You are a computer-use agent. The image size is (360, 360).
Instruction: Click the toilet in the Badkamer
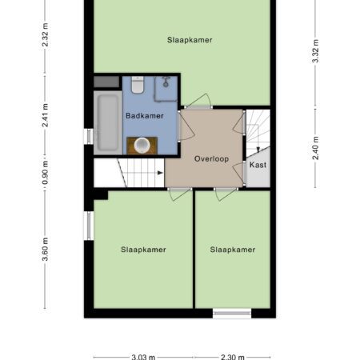pyautogui.click(x=138, y=85)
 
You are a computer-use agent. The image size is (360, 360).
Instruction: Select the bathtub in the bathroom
pyautogui.click(x=108, y=122)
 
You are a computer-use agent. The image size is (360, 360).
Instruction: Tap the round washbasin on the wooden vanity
pyautogui.click(x=142, y=146)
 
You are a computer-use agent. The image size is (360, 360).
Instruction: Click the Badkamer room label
pyautogui.click(x=145, y=116)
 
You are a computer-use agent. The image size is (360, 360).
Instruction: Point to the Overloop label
pyautogui.click(x=211, y=159)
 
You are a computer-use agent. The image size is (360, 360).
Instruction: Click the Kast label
pyautogui.click(x=258, y=165)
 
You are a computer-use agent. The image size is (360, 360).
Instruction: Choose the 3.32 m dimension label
pyautogui.click(x=315, y=51)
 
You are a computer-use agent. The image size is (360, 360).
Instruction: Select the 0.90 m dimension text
pyautogui.click(x=45, y=173)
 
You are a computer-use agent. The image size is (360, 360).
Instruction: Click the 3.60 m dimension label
pyautogui.click(x=45, y=249)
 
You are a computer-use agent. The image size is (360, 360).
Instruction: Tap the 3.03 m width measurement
pyautogui.click(x=143, y=357)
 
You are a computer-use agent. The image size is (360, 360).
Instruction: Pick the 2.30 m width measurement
pyautogui.click(x=233, y=357)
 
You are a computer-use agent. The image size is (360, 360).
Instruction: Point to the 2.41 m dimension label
pyautogui.click(x=45, y=115)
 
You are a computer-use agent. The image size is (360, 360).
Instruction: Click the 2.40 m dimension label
pyautogui.click(x=315, y=148)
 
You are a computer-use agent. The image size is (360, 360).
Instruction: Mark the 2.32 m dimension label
pyautogui.click(x=45, y=35)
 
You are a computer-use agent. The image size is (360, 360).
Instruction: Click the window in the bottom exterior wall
pyautogui.click(x=232, y=314)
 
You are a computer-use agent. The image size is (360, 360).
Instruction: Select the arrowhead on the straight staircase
pyautogui.click(x=160, y=173)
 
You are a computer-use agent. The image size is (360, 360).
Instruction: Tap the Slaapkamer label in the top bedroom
pyautogui.click(x=190, y=40)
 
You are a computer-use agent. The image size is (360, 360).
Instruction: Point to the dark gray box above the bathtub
pyautogui.click(x=106, y=82)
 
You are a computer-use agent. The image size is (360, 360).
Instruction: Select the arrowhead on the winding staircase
pyautogui.click(x=258, y=150)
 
